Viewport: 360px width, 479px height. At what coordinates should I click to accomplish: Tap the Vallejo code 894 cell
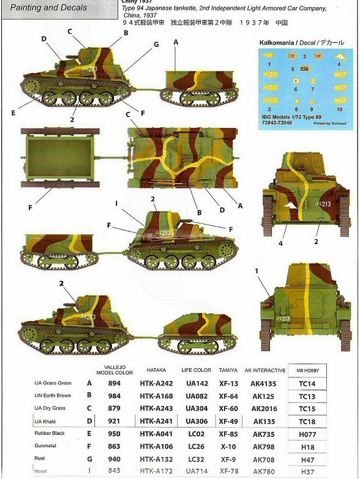click(114, 383)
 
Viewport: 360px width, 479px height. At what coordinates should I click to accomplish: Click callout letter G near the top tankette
click(156, 44)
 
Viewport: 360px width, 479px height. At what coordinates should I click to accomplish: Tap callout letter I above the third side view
click(116, 202)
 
